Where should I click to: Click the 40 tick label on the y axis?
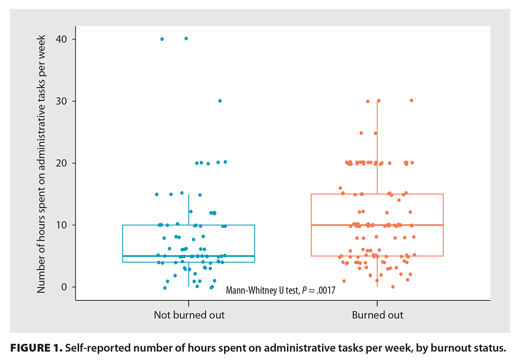coord(61,39)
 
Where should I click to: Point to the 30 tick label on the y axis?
coord(61,101)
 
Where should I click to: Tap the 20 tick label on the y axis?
coord(61,163)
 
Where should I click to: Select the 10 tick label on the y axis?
coord(61,225)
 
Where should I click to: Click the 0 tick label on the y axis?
coord(64,287)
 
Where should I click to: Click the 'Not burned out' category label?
coord(189,315)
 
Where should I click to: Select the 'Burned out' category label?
coord(377,315)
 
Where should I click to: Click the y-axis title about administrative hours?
coord(41,164)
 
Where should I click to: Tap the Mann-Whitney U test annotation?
coord(280,291)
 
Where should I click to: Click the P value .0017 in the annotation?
coord(326,291)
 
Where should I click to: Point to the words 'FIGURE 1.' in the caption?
coord(36,348)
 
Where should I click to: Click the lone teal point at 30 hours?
coord(220,101)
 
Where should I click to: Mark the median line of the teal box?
coord(189,256)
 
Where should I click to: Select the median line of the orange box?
coord(377,225)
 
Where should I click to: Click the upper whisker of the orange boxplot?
coord(377,147)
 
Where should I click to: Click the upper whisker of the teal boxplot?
coord(189,209)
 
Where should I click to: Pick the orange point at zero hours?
coord(393,287)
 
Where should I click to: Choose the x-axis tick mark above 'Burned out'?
coord(377,303)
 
